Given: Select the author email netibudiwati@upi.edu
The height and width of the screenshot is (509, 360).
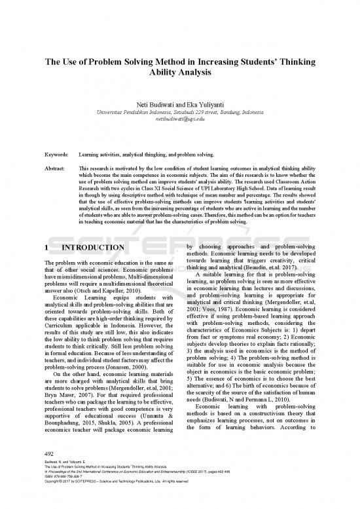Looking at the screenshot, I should click(x=179, y=121).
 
